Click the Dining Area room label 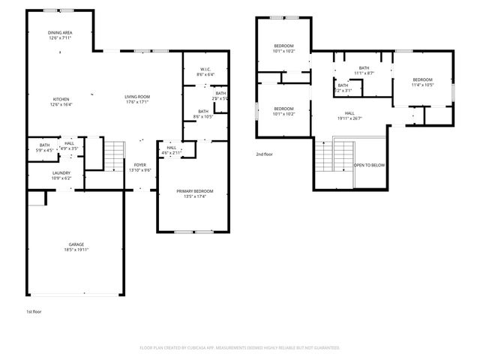[x=60, y=32]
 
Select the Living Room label [x=137, y=96]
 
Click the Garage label [x=76, y=244]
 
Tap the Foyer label [x=140, y=165]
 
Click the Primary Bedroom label [x=195, y=191]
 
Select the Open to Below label [x=370, y=165]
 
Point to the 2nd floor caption [x=264, y=153]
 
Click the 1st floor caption [x=33, y=310]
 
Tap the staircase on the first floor [x=112, y=155]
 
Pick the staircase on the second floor [x=323, y=155]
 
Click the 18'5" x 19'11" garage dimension [x=76, y=249]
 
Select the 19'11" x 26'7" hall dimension [x=349, y=118]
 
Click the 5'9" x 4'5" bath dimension [x=44, y=150]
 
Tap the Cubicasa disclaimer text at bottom [x=240, y=348]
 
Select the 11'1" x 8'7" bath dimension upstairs [x=364, y=73]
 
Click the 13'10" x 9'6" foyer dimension [x=140, y=170]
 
